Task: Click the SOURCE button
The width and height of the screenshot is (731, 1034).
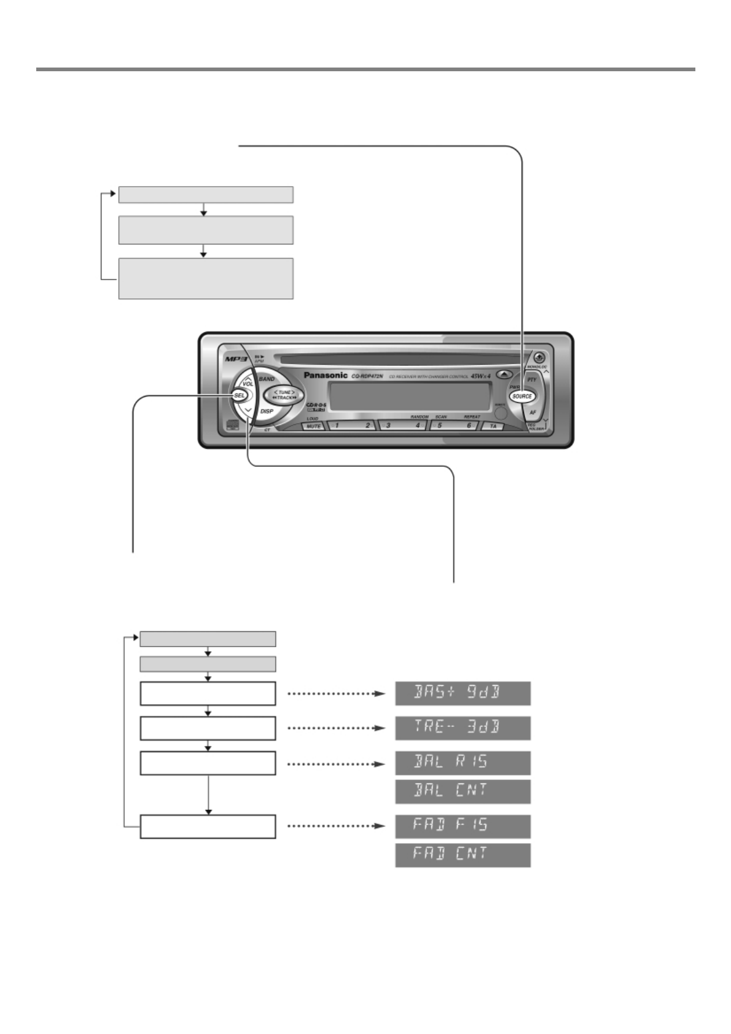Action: [522, 396]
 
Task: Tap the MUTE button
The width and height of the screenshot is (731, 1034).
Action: [313, 426]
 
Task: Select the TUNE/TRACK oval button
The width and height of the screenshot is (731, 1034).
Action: [284, 395]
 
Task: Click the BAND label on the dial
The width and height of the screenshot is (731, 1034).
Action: [267, 379]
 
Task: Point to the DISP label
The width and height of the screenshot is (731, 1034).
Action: [267, 411]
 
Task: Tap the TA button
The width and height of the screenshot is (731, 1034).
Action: [493, 426]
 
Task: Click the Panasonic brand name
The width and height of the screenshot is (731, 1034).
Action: [326, 375]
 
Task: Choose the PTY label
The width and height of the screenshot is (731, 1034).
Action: [532, 379]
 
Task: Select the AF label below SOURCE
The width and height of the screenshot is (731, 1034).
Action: [533, 413]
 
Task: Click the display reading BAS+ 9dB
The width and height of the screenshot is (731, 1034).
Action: [463, 693]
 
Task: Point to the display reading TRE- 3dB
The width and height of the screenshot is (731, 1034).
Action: [463, 728]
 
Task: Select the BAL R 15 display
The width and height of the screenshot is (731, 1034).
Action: [463, 763]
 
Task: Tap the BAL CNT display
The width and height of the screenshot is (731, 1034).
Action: [463, 791]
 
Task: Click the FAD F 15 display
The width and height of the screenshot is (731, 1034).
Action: [463, 826]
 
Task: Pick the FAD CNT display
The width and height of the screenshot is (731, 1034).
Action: [463, 855]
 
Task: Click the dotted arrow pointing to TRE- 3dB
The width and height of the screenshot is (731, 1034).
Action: [336, 728]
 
